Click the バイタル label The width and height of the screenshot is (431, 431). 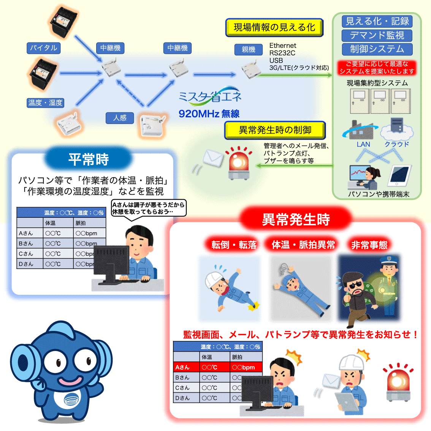pyautogui.click(x=43, y=48)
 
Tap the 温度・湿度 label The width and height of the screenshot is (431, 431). pyautogui.click(x=45, y=103)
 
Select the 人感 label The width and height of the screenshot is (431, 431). pyautogui.click(x=120, y=118)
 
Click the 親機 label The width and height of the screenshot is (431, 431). pyautogui.click(x=249, y=49)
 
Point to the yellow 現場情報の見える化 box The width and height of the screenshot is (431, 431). pyautogui.click(x=274, y=27)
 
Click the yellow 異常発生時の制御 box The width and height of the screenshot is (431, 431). pyautogui.click(x=275, y=130)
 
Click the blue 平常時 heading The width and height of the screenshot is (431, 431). pyautogui.click(x=88, y=159)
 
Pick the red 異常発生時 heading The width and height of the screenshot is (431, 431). pyautogui.click(x=296, y=219)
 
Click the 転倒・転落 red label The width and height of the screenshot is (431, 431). pyautogui.click(x=234, y=245)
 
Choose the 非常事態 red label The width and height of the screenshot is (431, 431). pyautogui.click(x=369, y=245)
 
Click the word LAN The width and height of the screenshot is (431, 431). pyautogui.click(x=363, y=145)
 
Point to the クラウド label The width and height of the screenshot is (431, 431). pyautogui.click(x=396, y=145)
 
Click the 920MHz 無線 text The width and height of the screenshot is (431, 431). pyautogui.click(x=209, y=113)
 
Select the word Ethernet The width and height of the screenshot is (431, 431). pyautogui.click(x=283, y=46)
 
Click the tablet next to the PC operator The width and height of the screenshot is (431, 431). pyautogui.click(x=400, y=176)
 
